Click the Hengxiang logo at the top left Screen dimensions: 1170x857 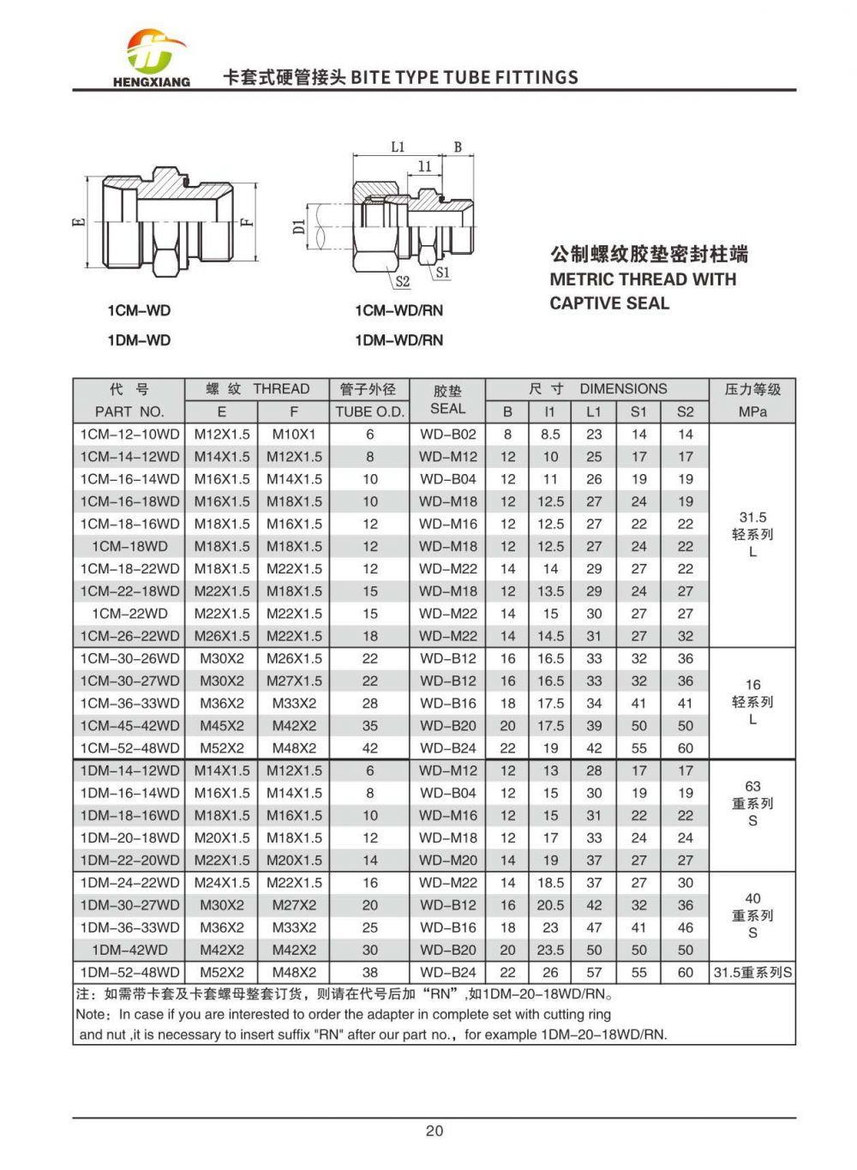coord(152,58)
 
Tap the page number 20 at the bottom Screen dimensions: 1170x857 coord(434,1131)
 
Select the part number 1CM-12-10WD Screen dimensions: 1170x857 coord(129,435)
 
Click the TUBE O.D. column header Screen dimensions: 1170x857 coord(369,411)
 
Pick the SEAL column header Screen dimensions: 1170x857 coord(447,409)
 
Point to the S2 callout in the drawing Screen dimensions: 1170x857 coord(402,281)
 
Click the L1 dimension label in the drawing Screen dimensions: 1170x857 coord(398,147)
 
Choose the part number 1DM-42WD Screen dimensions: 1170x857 coord(129,950)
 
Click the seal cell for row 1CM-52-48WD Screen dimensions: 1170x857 coord(447,748)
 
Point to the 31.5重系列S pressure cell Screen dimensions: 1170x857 coord(752,973)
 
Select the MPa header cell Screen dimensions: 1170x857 coord(752,411)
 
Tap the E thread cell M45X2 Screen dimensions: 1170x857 coord(222,726)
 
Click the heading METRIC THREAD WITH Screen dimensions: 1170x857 coord(643,279)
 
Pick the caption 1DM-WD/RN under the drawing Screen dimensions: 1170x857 coord(399,340)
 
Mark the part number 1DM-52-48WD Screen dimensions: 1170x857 coord(129,973)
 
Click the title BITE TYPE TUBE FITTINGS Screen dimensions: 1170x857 coord(464,77)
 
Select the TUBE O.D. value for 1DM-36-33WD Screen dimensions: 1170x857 coord(369,927)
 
